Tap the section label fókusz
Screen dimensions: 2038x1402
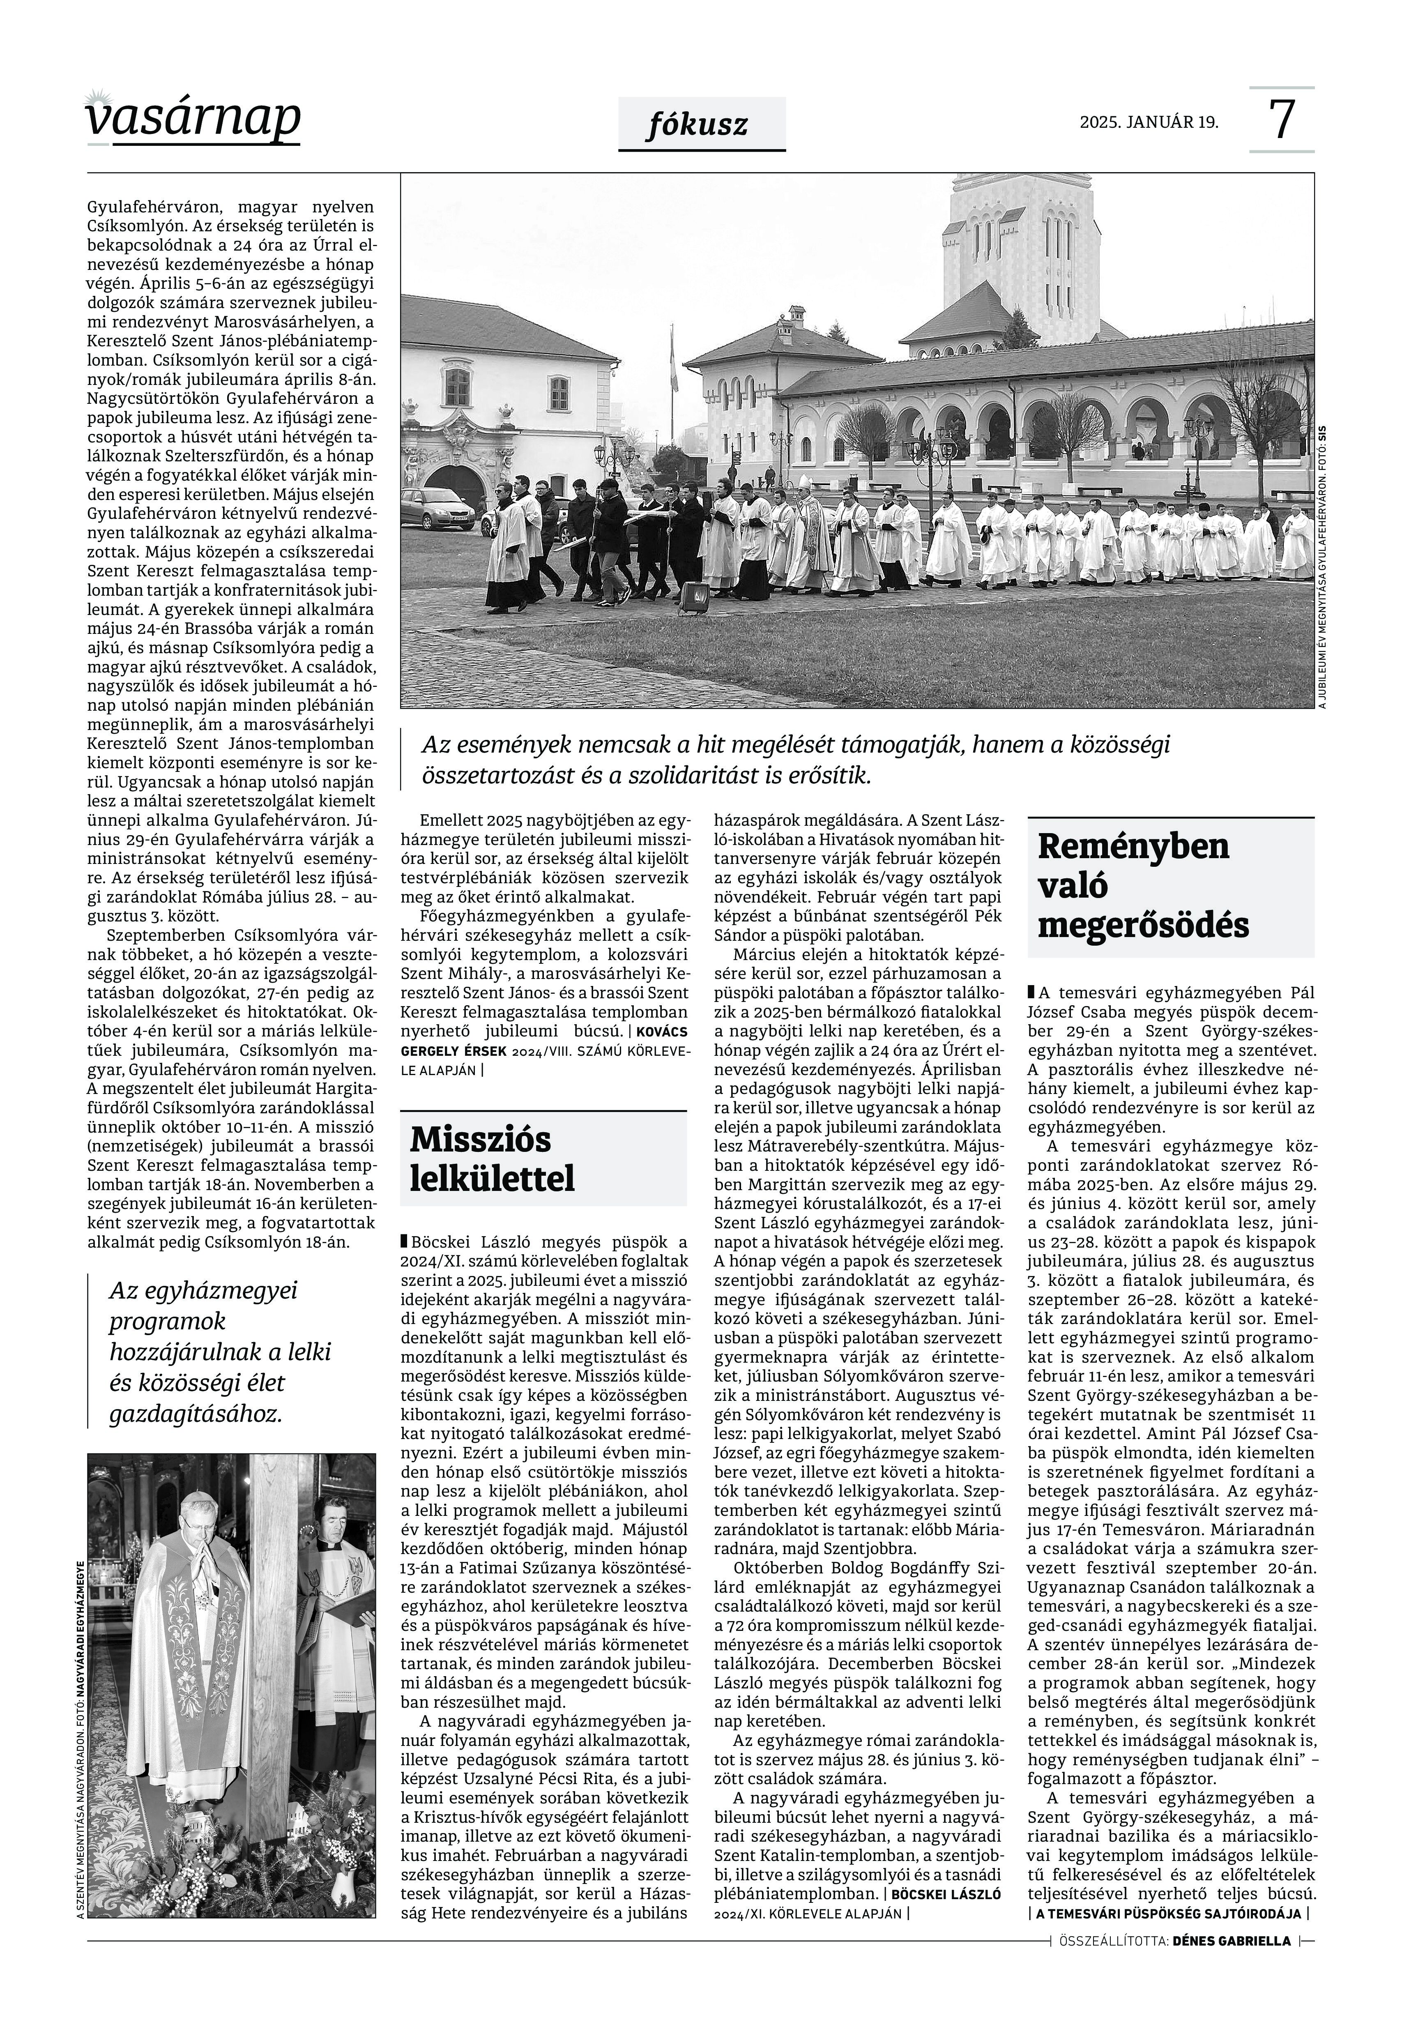(x=698, y=125)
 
